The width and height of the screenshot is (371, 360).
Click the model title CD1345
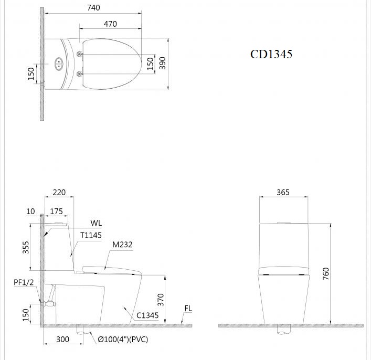(x=271, y=54)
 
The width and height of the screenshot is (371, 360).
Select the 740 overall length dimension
(x=93, y=7)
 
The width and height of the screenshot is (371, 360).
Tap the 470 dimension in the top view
(x=110, y=24)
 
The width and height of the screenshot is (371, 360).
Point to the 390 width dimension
(x=162, y=63)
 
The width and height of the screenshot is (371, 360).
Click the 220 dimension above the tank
(x=59, y=193)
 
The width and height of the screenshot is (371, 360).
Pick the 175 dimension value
(x=56, y=211)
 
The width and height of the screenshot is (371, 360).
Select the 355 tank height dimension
(x=26, y=248)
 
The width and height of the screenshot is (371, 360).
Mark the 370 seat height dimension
(x=161, y=299)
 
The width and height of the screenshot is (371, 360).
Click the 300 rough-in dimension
(x=62, y=340)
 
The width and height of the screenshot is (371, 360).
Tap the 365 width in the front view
(x=283, y=193)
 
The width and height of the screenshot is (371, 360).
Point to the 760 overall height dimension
(x=325, y=273)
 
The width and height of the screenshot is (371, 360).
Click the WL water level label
(x=96, y=223)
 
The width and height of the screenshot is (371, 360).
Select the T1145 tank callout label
(x=91, y=236)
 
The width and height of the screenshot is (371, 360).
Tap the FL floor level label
(x=188, y=309)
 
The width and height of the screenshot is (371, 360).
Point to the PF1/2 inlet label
(x=24, y=282)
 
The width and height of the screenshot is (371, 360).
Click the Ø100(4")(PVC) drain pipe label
(x=123, y=340)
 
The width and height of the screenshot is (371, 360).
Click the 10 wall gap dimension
(x=30, y=211)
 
